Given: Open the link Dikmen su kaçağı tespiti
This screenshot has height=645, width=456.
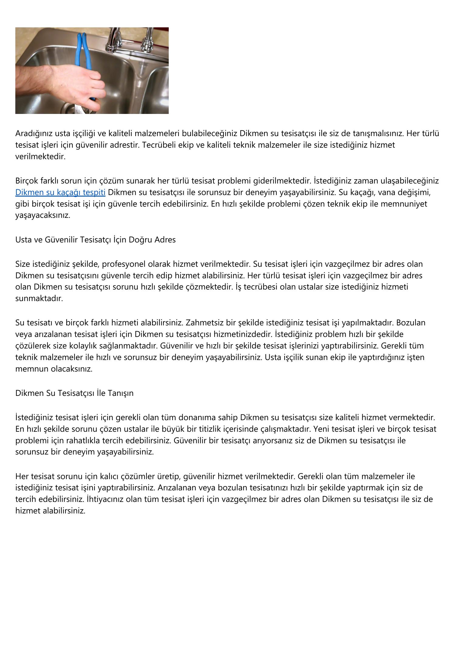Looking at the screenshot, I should point(60,192).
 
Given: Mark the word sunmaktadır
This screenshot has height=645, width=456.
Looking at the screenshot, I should point(39,298).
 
